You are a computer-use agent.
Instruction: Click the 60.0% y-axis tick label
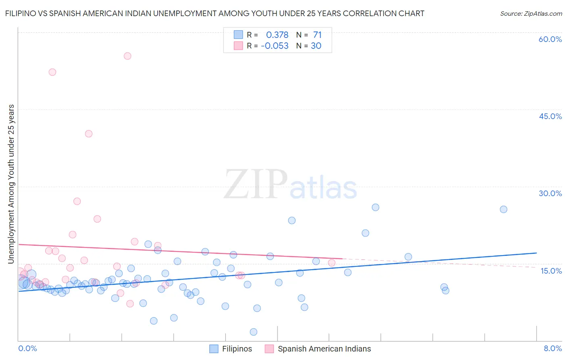click(550, 39)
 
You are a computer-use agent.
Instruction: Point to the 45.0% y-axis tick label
click(550, 116)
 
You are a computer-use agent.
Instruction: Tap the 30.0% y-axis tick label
click(550, 193)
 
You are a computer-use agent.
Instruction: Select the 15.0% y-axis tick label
click(551, 270)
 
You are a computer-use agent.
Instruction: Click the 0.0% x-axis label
click(27, 348)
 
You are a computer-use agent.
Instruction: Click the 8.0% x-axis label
click(552, 348)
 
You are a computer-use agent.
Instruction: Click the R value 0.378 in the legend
click(277, 35)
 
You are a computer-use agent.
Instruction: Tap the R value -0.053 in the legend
click(275, 46)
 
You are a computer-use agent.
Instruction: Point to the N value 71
click(317, 35)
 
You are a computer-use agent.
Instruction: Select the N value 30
click(316, 46)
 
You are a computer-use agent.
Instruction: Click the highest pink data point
click(127, 56)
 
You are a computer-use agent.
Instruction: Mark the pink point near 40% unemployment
click(89, 134)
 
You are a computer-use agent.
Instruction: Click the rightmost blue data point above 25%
click(503, 209)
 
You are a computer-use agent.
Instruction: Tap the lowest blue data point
click(254, 332)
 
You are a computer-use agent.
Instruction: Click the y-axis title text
click(11, 184)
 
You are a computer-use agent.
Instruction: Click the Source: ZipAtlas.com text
click(531, 14)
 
